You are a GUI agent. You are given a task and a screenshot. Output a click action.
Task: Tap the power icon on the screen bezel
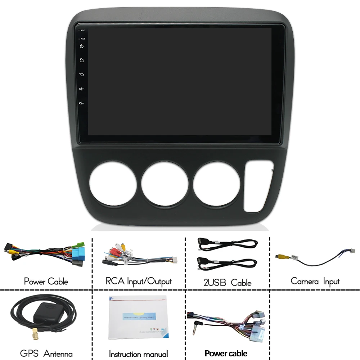pos(82,46)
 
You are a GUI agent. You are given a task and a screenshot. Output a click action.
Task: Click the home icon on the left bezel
pos(82,60)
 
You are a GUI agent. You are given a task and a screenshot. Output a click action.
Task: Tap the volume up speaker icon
pos(82,89)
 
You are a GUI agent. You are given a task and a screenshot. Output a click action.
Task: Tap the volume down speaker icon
pos(82,103)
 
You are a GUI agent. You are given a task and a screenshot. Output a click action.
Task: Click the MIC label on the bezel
pos(82,31)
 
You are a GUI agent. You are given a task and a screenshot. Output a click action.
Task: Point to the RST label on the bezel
pos(83,39)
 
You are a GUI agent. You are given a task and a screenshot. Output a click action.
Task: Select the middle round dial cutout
pos(165,183)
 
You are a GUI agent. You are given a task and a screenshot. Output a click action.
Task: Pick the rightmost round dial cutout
pos(217,183)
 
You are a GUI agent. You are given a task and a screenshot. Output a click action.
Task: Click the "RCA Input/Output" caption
pos(139,282)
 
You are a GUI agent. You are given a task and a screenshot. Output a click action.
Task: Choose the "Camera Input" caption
pos(315,281)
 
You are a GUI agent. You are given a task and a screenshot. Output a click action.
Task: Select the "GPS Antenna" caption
pos(46,354)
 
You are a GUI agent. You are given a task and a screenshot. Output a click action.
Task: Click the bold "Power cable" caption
pos(226,353)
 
